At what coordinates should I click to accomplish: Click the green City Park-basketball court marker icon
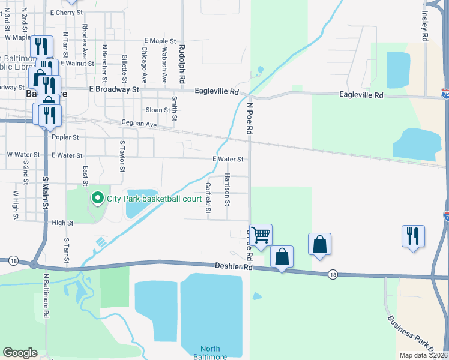96,197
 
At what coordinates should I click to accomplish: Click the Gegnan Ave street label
139,124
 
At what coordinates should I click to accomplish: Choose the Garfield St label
208,198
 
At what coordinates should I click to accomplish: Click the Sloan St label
158,110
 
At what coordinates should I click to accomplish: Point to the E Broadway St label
113,89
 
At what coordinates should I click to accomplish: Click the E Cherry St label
67,12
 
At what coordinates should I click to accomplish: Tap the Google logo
20,353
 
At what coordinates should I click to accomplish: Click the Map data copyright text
423,355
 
